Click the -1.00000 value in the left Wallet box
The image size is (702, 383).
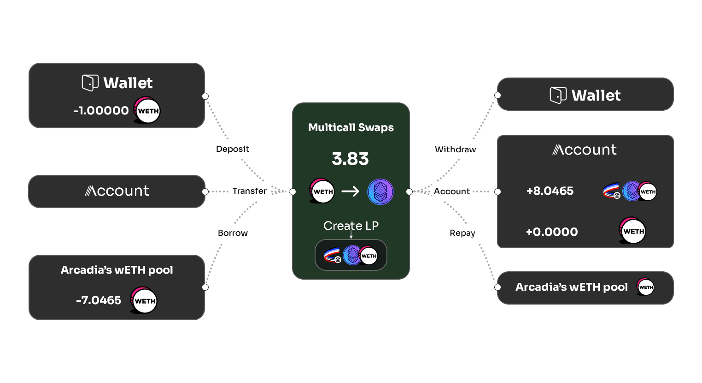click(x=101, y=111)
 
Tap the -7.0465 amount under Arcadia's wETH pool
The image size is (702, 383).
click(x=99, y=300)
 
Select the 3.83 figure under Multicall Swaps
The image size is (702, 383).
click(x=350, y=159)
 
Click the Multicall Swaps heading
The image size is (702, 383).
click(x=351, y=127)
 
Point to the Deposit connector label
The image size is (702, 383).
click(x=232, y=149)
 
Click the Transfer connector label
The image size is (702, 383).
click(x=249, y=191)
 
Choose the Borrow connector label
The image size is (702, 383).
click(x=233, y=233)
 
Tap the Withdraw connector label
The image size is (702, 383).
click(x=455, y=150)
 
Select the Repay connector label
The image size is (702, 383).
click(x=462, y=233)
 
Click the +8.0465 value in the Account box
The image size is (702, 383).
click(x=550, y=191)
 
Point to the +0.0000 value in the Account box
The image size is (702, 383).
click(x=551, y=232)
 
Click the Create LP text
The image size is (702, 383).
click(x=351, y=226)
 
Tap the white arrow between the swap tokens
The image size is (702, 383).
click(x=351, y=191)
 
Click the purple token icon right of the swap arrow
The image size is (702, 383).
click(x=380, y=191)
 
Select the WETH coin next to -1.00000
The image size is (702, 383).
click(x=147, y=111)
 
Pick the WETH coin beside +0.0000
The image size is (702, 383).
click(x=633, y=231)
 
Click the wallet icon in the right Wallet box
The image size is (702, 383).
click(x=558, y=96)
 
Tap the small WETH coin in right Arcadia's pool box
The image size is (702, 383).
click(x=645, y=287)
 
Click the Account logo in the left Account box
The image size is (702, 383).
click(x=117, y=191)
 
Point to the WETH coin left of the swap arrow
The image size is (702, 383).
click(x=322, y=191)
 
